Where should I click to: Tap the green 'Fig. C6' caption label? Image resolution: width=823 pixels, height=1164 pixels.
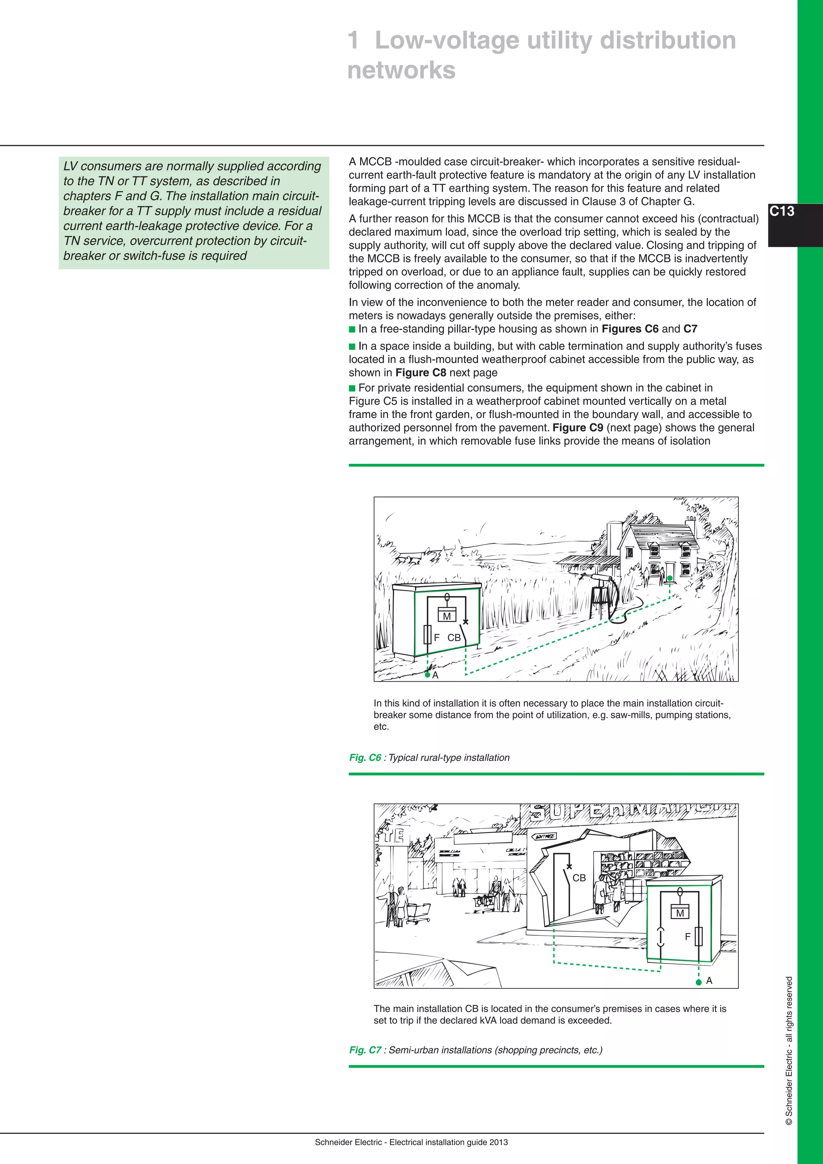[x=365, y=757]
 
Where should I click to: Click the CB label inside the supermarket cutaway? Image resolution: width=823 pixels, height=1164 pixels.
[x=579, y=877]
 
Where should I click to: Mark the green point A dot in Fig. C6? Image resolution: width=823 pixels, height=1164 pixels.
[x=428, y=675]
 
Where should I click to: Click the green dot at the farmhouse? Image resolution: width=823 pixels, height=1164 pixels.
[x=670, y=578]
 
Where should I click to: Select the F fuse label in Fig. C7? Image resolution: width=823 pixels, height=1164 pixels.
[x=688, y=937]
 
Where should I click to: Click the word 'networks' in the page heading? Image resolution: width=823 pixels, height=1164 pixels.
[x=401, y=70]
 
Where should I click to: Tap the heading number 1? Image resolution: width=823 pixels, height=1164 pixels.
[x=354, y=41]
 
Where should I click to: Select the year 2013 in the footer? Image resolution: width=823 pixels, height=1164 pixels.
[x=499, y=1142]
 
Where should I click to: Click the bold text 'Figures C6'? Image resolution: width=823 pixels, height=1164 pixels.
[x=630, y=328]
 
